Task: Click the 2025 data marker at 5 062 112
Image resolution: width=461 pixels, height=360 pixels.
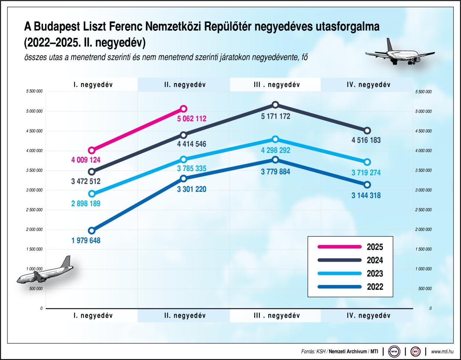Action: [x=183, y=109]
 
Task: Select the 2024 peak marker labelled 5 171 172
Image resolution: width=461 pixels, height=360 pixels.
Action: [x=275, y=105]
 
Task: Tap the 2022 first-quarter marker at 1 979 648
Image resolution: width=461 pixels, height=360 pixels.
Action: [x=91, y=231]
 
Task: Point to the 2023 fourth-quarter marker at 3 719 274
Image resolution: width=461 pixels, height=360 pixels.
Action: [x=367, y=162]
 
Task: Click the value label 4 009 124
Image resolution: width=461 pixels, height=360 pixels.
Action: [x=86, y=161]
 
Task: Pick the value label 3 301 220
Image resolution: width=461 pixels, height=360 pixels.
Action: [x=191, y=189]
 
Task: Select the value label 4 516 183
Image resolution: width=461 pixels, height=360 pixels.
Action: [x=366, y=140]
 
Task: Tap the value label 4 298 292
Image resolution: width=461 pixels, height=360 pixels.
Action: [x=275, y=151]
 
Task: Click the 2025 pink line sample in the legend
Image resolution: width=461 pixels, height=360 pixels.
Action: [x=340, y=247]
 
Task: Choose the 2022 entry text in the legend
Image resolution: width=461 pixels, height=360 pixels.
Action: [x=374, y=287]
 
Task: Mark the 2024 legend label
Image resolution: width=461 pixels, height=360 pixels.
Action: [x=374, y=260]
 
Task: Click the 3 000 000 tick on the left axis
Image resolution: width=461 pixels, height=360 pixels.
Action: [x=35, y=190]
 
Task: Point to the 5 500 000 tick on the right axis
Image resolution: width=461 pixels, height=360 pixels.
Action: [x=423, y=91]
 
